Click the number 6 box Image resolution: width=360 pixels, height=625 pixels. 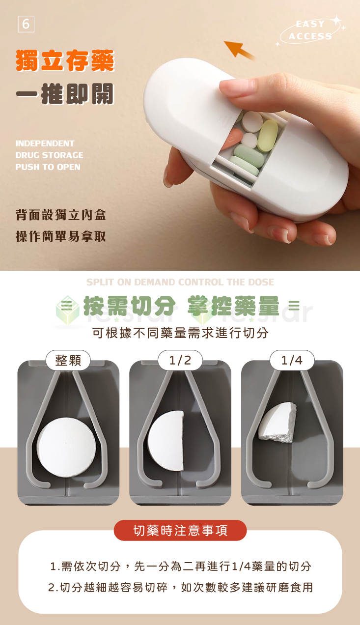(26, 24)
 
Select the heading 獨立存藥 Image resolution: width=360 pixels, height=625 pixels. (65, 62)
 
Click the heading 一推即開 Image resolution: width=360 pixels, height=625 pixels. (65, 94)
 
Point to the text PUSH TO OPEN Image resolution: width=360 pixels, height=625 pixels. (48, 167)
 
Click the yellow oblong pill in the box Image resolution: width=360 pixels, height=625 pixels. (268, 135)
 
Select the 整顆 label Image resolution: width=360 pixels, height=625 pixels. (68, 360)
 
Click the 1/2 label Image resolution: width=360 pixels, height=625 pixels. (180, 360)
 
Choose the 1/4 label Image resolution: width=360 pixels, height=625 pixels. (292, 360)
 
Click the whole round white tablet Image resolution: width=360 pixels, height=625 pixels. (66, 447)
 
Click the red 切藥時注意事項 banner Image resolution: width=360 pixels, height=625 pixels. (180, 531)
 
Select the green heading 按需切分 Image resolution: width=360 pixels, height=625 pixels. (130, 306)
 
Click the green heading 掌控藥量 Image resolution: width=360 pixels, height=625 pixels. (233, 306)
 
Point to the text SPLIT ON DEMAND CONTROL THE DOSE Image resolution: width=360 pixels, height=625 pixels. (180, 282)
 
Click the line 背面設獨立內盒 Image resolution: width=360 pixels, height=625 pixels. (60, 215)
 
